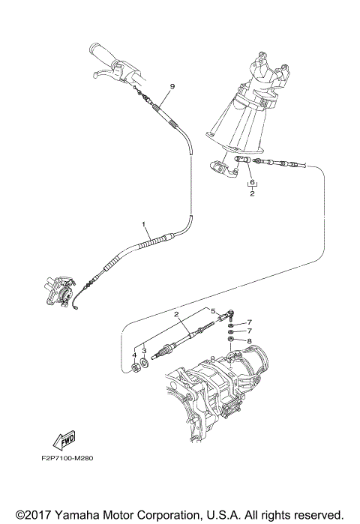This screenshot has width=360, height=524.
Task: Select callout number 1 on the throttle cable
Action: point(142,224)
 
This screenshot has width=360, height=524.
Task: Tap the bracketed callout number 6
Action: point(253,182)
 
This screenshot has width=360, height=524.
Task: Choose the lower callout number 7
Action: point(250,331)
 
